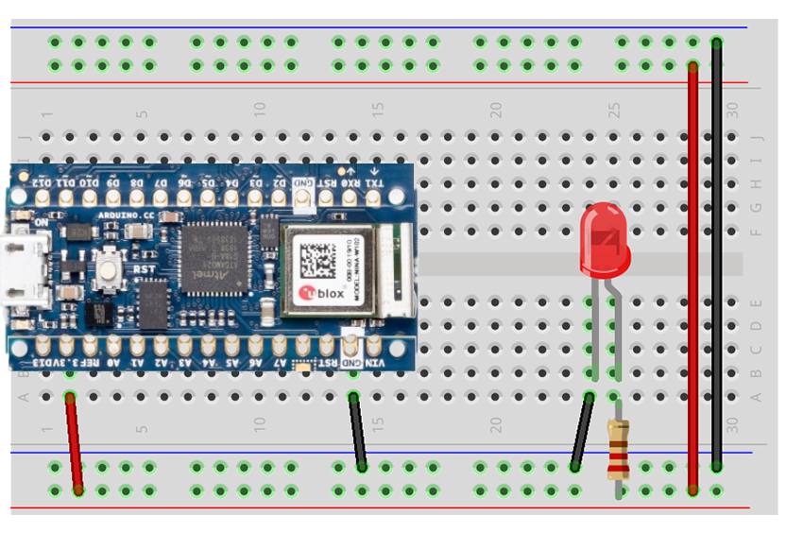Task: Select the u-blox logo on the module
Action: click(322, 296)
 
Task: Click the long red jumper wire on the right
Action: click(693, 274)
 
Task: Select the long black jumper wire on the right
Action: click(717, 255)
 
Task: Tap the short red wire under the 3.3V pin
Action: click(74, 442)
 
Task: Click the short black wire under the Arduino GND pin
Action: click(357, 431)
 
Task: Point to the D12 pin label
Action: click(43, 181)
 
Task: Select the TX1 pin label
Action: click(374, 181)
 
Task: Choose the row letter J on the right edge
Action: click(755, 137)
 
